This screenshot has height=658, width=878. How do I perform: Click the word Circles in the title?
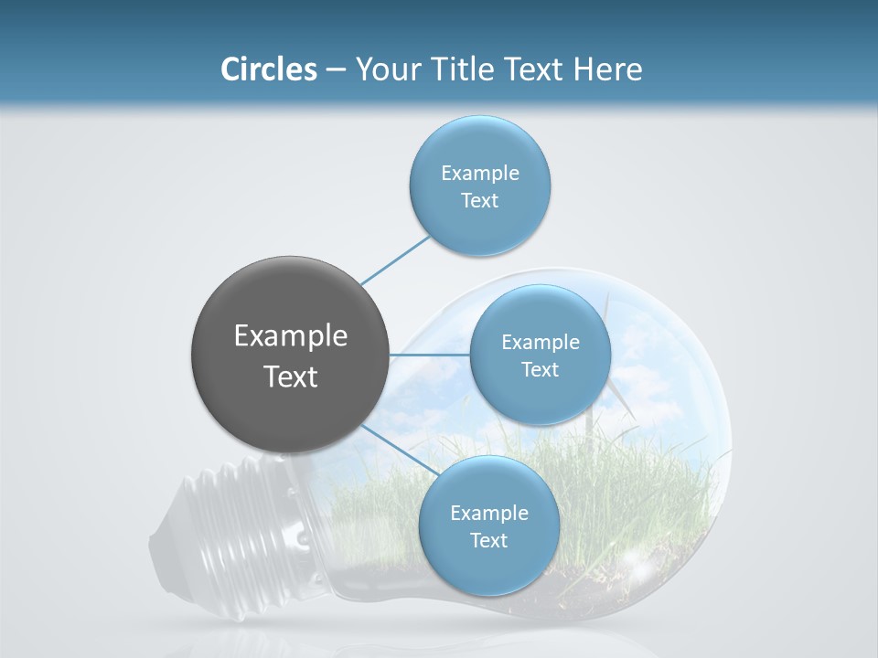[x=268, y=69]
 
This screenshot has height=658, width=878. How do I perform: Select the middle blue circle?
[x=540, y=398]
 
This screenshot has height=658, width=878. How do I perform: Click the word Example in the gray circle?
[x=291, y=336]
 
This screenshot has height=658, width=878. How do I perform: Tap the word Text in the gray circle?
[x=291, y=377]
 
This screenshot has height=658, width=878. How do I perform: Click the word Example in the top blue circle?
[x=479, y=173]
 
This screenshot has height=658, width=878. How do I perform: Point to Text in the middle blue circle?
[x=540, y=369]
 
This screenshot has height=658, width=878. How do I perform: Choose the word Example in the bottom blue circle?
[x=488, y=513]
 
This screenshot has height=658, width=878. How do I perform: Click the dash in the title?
[x=335, y=69]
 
